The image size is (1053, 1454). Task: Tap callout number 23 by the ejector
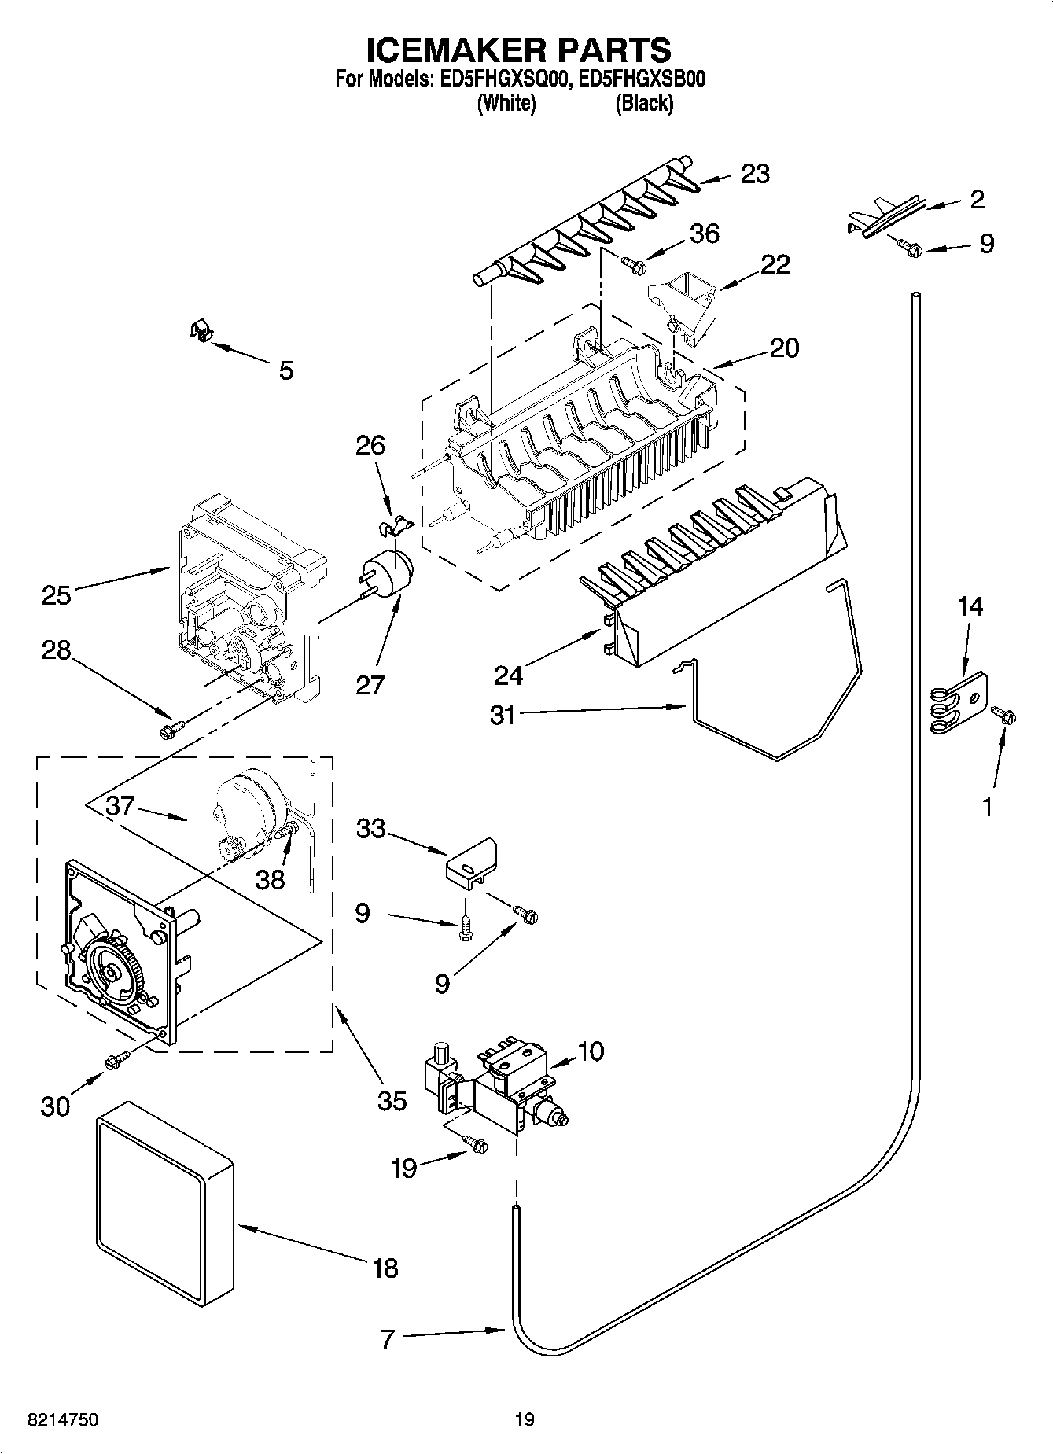pos(755,174)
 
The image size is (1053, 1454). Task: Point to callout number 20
pos(783,348)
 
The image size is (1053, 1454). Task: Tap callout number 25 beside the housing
pos(57,594)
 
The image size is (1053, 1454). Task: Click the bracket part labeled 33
pos(470,862)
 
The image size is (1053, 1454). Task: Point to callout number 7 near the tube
pos(387,1339)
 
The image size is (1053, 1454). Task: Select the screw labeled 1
pos(1004,715)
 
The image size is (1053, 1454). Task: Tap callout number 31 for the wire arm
pos(503,715)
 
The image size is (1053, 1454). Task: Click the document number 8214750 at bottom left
pos(63,1419)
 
